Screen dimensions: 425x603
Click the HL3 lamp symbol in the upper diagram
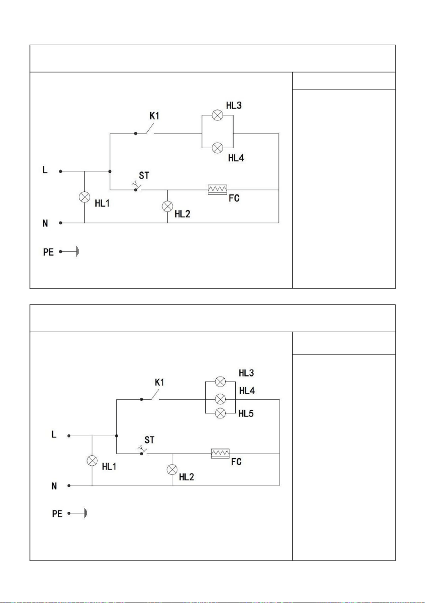(218, 115)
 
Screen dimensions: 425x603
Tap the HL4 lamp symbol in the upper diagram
(218, 148)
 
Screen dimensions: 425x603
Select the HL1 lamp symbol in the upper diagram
(84, 197)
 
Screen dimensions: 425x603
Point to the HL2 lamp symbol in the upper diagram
(167, 206)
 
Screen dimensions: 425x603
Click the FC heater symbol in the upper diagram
(218, 190)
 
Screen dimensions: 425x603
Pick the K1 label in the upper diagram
(154, 116)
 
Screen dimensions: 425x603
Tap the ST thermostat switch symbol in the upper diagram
(137, 186)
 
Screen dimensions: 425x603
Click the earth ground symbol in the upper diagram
(78, 252)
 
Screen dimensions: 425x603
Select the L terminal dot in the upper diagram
(61, 171)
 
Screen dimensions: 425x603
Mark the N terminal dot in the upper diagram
(61, 223)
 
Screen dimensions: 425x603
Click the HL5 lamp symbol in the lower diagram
(220, 413)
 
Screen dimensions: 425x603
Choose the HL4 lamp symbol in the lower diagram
(220, 399)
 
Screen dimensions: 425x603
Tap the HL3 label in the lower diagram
(246, 373)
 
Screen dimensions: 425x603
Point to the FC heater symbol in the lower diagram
(220, 454)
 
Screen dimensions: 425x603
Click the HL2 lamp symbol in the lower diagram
(172, 469)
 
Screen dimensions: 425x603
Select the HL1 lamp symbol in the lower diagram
(92, 461)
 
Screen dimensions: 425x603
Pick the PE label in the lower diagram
(57, 514)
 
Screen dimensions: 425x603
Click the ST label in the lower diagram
(150, 440)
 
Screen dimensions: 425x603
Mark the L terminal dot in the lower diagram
(69, 436)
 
